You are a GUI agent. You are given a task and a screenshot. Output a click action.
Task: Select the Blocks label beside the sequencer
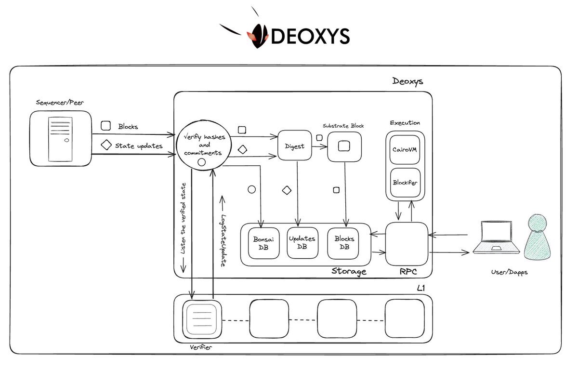(x=128, y=127)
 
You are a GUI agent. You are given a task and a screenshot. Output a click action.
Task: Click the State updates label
(x=138, y=145)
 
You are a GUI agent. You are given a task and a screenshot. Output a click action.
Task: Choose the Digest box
(x=294, y=145)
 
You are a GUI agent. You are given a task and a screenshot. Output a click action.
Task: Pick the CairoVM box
(x=405, y=149)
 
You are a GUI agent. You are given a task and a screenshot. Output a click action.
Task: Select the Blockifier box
(x=405, y=183)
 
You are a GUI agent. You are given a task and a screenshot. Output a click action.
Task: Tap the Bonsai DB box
(x=261, y=243)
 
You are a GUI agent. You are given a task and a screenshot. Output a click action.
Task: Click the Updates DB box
(x=302, y=242)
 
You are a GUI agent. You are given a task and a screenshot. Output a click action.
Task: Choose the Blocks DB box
(x=344, y=242)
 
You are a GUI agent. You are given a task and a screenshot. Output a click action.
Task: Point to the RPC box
(x=407, y=243)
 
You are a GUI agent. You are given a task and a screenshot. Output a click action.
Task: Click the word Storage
(x=349, y=271)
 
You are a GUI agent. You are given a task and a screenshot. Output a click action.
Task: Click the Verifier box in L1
(x=202, y=319)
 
